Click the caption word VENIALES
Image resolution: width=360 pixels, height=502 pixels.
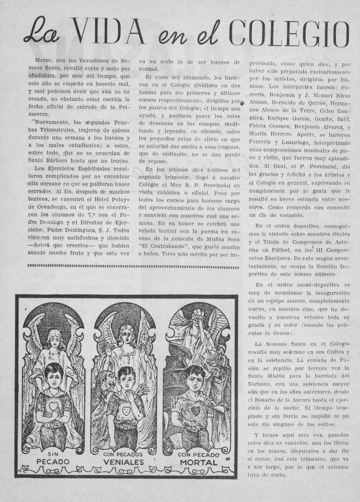pyautogui.click(x=124, y=462)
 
